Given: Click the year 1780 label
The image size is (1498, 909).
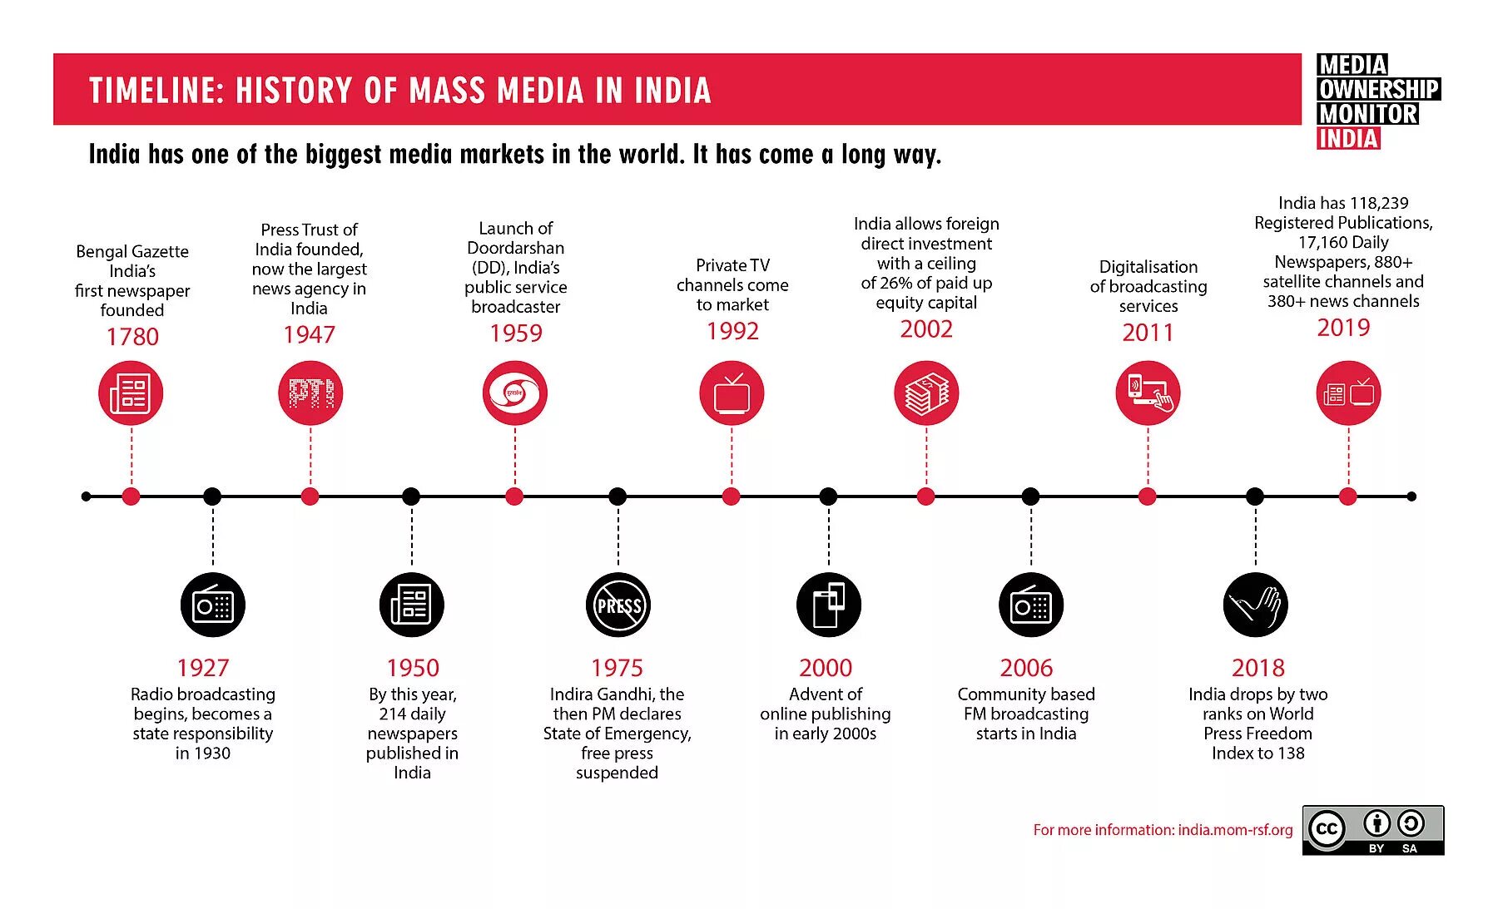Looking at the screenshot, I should [132, 336].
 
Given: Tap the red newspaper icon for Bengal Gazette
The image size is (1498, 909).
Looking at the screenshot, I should [131, 393].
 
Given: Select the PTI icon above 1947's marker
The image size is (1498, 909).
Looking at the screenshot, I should [310, 393].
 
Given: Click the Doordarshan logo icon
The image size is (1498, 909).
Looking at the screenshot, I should [515, 393].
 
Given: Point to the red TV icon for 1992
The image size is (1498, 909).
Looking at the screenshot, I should [732, 393].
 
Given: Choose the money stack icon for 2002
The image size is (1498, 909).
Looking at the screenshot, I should [926, 393].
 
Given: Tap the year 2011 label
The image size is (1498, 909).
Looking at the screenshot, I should [1148, 332].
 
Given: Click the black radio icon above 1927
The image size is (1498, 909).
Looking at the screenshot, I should [213, 605].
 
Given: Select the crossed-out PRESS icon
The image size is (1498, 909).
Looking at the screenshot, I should [618, 605].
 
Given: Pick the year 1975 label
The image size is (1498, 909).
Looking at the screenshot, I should [617, 668].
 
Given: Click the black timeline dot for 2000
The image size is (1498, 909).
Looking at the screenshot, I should [828, 496].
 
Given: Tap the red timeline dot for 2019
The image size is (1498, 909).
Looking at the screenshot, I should [1348, 496].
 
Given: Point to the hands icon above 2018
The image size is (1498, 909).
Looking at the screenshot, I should [1256, 605].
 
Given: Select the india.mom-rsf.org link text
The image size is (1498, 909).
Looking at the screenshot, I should [1235, 830].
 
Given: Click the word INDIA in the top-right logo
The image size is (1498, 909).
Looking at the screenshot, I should [1348, 139].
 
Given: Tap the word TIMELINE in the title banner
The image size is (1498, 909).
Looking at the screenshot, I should [156, 91].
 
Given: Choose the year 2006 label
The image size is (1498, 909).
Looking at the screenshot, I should [1026, 668].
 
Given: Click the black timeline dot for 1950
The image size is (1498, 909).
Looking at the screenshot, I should [411, 496].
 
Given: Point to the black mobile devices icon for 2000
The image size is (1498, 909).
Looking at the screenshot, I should [828, 605].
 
